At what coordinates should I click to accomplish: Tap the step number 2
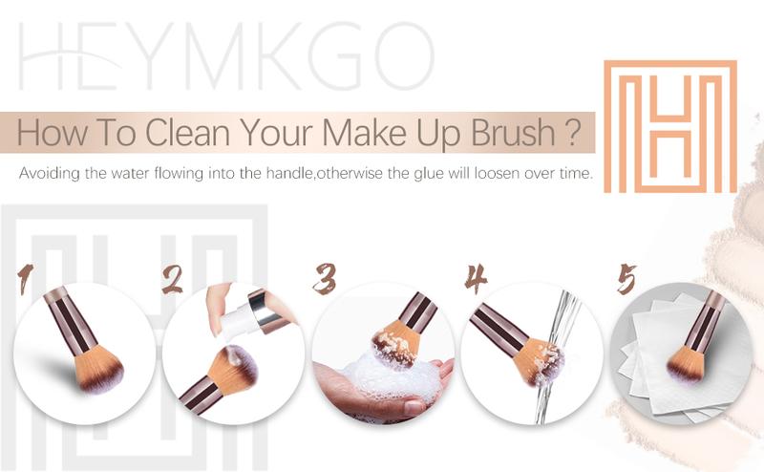(x=173, y=278)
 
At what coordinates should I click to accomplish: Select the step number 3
(x=324, y=278)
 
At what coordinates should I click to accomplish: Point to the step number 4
(x=476, y=278)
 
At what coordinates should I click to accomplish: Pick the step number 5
(x=626, y=279)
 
